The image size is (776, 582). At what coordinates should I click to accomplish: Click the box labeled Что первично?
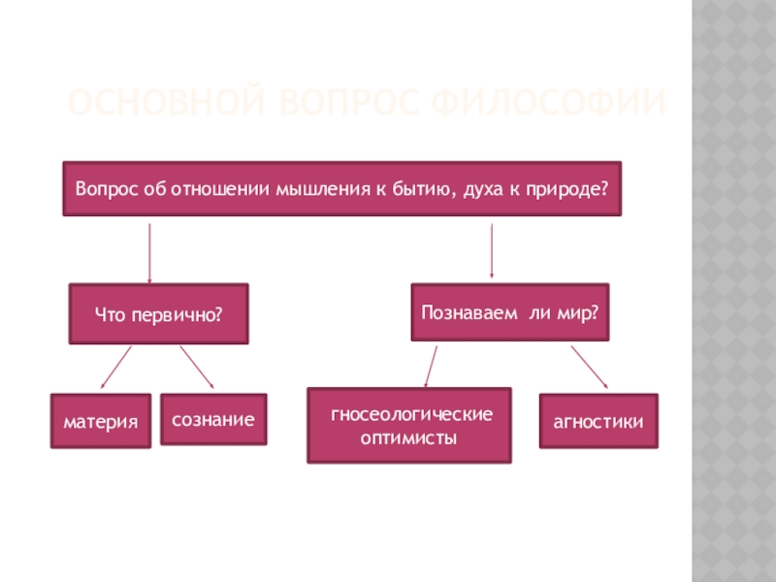point(158,314)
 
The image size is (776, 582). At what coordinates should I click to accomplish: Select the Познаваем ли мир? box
point(510,312)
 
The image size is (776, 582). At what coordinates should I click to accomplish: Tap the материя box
point(101,421)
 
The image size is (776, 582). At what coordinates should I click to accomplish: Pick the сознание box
point(213,419)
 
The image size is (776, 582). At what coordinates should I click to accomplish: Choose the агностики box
point(598,421)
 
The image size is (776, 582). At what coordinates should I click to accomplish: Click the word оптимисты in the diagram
point(409,438)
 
